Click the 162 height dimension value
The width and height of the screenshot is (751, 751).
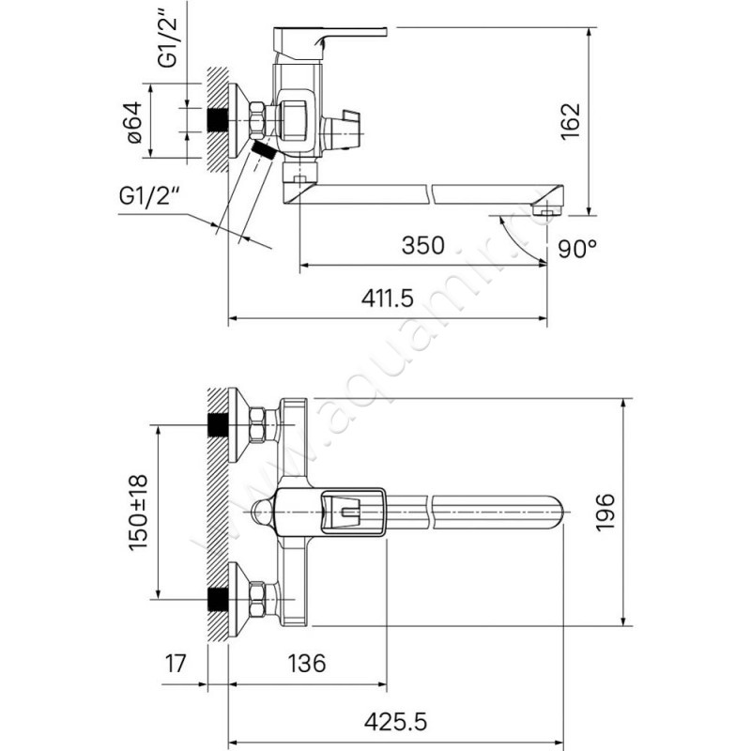tap(571, 121)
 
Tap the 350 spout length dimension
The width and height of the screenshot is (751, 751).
tap(423, 245)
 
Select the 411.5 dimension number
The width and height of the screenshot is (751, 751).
tap(387, 299)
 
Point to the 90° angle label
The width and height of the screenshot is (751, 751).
tap(577, 249)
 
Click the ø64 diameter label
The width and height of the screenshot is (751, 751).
tap(134, 122)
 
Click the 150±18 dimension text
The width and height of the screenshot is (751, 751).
tap(138, 513)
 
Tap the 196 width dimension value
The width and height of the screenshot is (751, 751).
tap(605, 512)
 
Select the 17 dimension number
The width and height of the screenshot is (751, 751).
tap(175, 664)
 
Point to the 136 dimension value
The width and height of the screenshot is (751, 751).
tap(307, 664)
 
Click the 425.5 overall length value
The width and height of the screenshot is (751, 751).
tap(395, 722)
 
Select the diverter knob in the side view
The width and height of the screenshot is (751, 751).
tap(343, 130)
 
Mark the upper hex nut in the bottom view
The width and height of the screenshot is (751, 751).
tap(258, 425)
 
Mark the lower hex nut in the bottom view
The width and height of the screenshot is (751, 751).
tap(257, 599)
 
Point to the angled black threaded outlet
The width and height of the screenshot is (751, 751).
tap(264, 148)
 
